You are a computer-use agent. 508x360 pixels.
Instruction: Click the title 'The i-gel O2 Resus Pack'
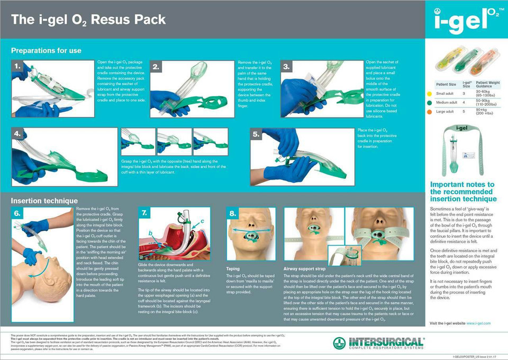click(x=88, y=20)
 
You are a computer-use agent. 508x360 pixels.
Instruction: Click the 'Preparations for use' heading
click(x=46, y=51)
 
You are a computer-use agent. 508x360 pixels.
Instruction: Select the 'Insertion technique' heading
click(x=44, y=201)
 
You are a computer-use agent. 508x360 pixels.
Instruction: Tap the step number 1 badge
click(x=17, y=67)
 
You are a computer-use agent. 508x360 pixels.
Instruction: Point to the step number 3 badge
click(x=286, y=67)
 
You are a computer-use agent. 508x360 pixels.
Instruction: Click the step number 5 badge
click(x=257, y=134)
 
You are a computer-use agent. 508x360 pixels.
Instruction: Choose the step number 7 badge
click(x=144, y=213)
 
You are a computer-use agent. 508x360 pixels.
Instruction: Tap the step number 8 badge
click(x=233, y=213)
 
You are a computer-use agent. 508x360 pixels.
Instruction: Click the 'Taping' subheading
click(x=233, y=269)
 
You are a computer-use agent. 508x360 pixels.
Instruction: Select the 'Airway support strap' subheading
click(x=305, y=269)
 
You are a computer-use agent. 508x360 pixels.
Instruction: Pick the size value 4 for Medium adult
click(x=464, y=102)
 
